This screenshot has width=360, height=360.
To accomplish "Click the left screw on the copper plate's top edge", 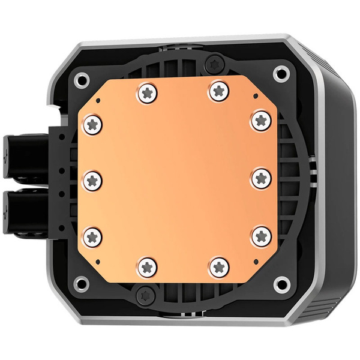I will pyautogui.click(x=147, y=92).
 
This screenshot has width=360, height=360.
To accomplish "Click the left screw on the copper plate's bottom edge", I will pyautogui.click(x=147, y=264).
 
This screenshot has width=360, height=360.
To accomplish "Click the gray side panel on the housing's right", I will pyautogui.click(x=333, y=180).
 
